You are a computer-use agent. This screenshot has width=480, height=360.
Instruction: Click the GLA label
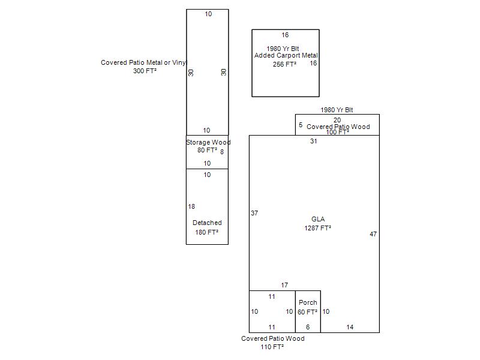pos(318,219)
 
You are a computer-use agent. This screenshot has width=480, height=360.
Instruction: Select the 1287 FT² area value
pos(318,228)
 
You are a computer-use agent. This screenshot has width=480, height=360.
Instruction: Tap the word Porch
pos(308,302)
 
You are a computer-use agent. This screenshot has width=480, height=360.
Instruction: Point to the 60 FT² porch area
pos(308,312)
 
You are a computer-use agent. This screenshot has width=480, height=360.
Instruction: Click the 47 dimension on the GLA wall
pos(373,234)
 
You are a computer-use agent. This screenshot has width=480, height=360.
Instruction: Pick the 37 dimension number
pos(254,213)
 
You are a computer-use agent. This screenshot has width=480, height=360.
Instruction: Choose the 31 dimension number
pos(314,141)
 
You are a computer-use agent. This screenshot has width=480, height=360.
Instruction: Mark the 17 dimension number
pos(284,285)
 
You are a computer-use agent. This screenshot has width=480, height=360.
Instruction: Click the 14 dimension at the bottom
pos(350,327)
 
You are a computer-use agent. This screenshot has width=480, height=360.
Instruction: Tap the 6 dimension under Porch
pos(308,327)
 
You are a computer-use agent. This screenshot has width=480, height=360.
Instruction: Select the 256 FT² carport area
pos(285,64)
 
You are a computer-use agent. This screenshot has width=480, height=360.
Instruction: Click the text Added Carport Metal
pos(286,56)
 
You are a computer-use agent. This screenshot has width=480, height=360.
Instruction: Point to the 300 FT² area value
pos(145,71)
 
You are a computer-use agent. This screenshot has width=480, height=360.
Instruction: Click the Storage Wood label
pos(208,142)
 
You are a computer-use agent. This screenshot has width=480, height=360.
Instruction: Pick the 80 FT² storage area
pos(207,151)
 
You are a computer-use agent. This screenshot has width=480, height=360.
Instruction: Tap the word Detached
pos(207,223)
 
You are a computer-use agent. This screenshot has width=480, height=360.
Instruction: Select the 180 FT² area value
pos(207,232)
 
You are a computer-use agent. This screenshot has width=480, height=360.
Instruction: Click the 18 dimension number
pos(191,206)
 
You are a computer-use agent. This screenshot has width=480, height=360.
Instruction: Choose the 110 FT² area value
pos(272,347)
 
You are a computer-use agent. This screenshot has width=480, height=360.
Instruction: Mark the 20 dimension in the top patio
pos(337,120)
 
